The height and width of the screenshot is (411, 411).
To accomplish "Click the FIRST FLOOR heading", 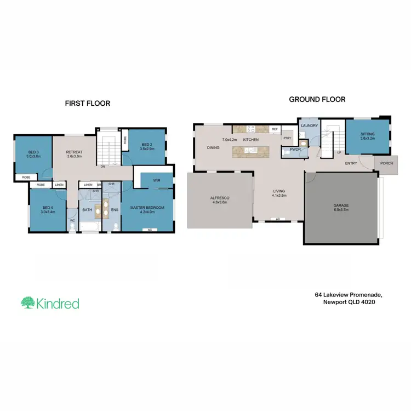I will point(88,103).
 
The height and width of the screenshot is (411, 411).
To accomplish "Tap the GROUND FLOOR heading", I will point(317,100).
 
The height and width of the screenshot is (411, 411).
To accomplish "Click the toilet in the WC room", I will point(72,226).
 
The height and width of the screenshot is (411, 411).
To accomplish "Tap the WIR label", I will point(157,180).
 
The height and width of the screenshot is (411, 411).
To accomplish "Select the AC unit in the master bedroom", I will point(149,230).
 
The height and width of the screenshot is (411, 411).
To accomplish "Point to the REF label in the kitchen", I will point(274,129).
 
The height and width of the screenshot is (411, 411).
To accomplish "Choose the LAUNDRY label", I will point(310,125).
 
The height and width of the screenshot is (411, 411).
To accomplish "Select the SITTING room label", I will point(367,134).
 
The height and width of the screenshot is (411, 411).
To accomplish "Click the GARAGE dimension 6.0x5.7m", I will point(341,210).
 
